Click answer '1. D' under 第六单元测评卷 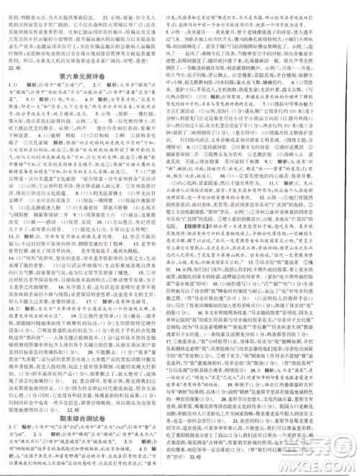pyautogui.click(x=14, y=86)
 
